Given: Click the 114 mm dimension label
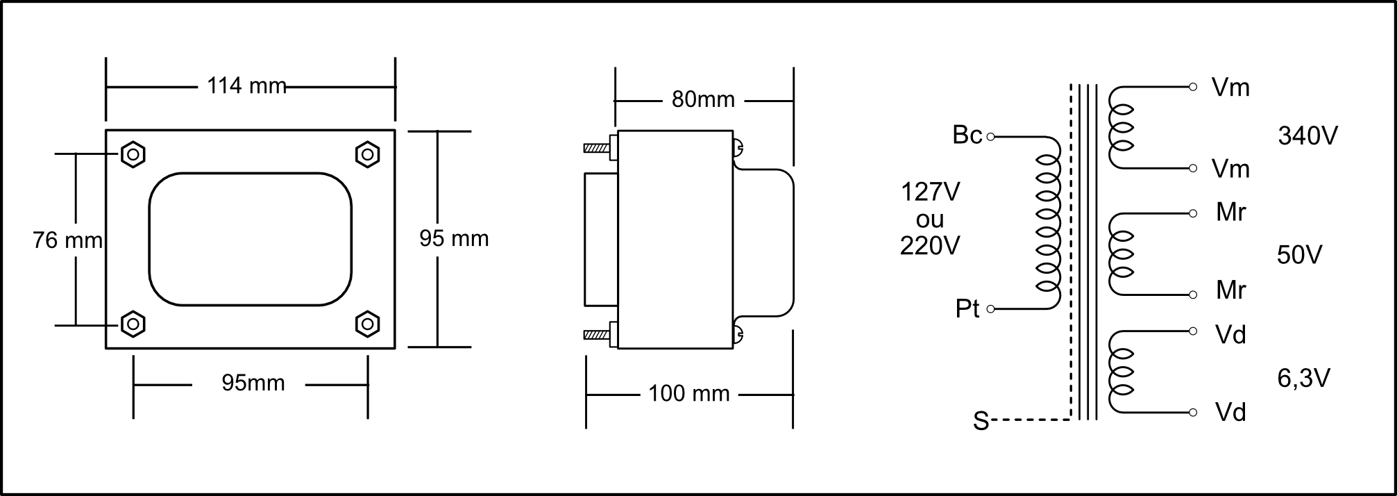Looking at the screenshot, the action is point(246,86).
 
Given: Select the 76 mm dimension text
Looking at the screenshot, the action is point(67,240).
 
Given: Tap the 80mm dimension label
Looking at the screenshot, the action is point(703,100).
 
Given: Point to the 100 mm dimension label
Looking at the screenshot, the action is point(689,394).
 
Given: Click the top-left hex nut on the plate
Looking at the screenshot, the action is point(133,154).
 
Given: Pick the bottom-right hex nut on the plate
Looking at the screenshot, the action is point(367,324).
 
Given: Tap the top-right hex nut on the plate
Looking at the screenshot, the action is point(367,154).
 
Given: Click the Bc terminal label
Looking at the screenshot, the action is point(967,135).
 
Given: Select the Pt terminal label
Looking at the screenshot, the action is point(967,308).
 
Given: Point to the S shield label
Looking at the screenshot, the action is point(981,421).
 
